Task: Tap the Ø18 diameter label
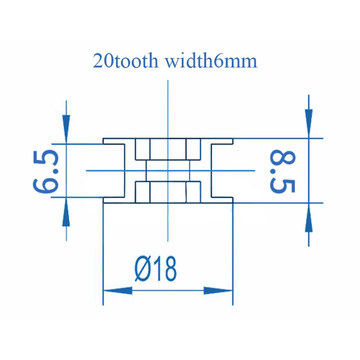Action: [155, 268]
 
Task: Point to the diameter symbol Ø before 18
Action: [143, 268]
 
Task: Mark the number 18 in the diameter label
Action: [163, 268]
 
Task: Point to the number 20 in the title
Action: [101, 61]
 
